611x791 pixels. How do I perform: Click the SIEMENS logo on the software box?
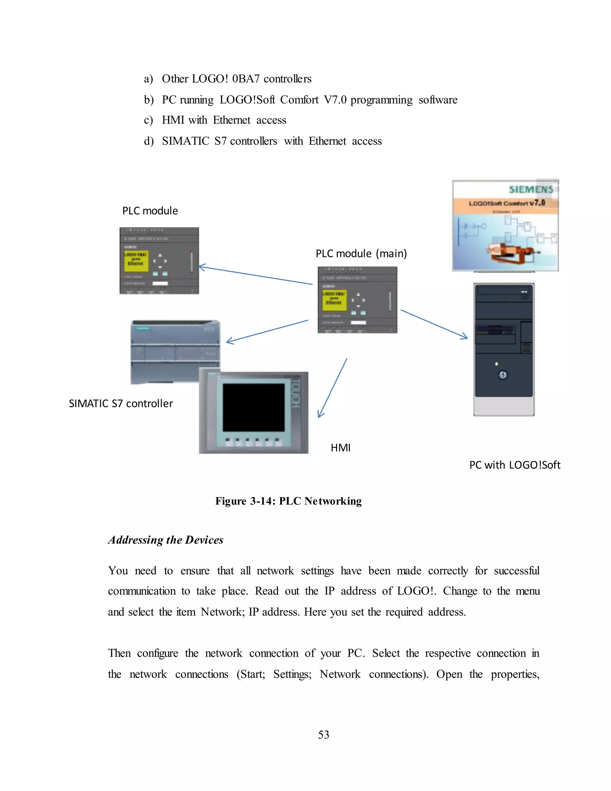[531, 189]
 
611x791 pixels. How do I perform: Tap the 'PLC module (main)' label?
[361, 253]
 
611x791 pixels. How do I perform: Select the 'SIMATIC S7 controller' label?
[121, 404]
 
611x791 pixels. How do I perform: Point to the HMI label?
[340, 448]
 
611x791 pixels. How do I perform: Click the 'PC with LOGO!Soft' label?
[514, 465]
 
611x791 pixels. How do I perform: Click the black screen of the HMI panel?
[253, 407]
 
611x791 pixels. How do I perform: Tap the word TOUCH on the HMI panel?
[296, 393]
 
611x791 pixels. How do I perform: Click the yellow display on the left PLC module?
[136, 261]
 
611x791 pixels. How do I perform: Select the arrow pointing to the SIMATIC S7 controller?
[267, 331]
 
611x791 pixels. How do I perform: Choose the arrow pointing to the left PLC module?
[255, 276]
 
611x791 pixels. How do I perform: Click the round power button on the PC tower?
[503, 375]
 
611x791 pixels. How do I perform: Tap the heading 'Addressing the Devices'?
[165, 540]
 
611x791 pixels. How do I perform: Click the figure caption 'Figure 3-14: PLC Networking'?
[288, 501]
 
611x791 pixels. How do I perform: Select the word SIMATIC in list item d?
[185, 141]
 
